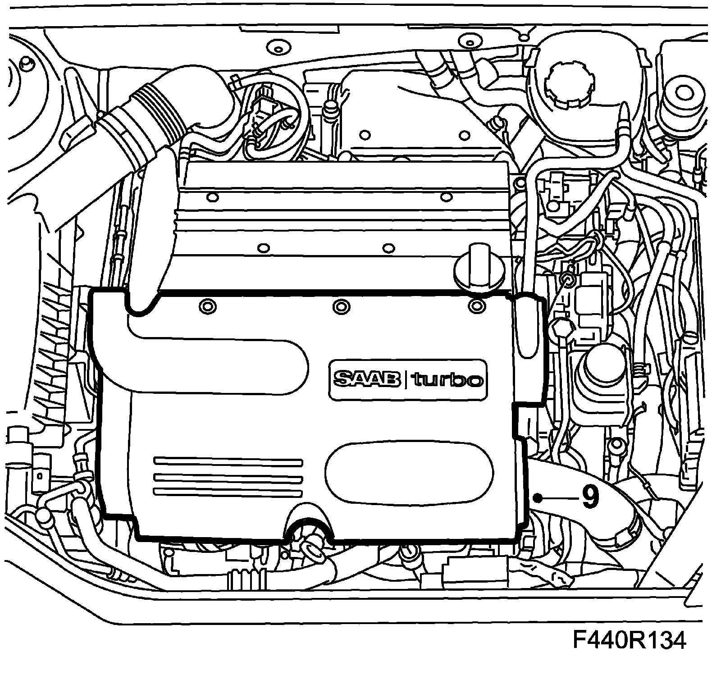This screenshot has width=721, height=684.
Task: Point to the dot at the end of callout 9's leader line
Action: [538, 497]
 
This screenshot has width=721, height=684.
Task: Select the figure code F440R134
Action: [629, 640]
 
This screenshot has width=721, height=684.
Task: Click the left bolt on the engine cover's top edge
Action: [207, 306]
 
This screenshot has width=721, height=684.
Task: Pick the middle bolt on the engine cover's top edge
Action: [341, 306]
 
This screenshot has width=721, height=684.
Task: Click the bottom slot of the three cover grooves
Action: [228, 491]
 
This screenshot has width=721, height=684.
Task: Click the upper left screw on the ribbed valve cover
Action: [213, 197]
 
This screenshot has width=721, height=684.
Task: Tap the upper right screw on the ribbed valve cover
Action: [446, 196]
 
